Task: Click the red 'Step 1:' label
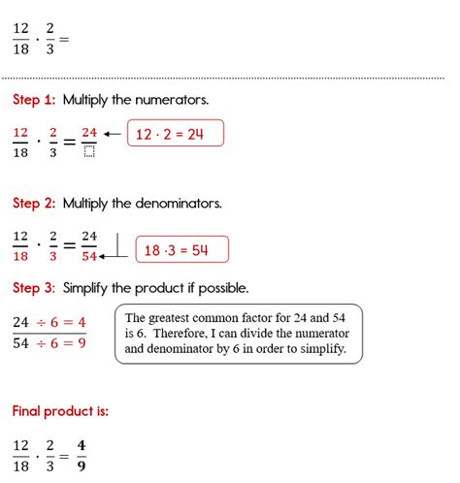(x=35, y=99)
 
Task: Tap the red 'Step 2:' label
(x=35, y=204)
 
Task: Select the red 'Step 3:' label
(x=35, y=288)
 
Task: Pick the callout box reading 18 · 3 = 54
(x=182, y=250)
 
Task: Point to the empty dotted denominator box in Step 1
(x=88, y=149)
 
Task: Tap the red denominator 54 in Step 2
(x=88, y=256)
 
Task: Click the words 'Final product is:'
(x=60, y=411)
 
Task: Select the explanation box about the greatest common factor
(x=238, y=334)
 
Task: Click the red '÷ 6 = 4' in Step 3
(x=63, y=322)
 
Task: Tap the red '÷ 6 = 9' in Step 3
(x=63, y=342)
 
